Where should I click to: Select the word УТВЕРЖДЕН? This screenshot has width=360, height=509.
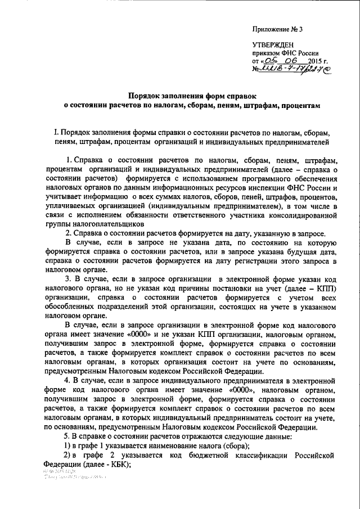[270, 44]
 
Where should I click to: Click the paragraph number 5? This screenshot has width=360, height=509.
[66, 436]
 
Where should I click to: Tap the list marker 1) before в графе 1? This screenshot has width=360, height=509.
[66, 445]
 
